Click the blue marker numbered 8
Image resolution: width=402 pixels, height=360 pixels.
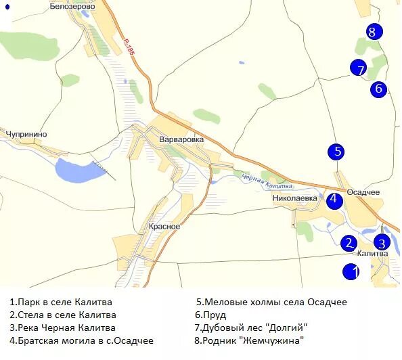pos(372,31)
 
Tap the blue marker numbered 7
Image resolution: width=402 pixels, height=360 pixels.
pos(359,68)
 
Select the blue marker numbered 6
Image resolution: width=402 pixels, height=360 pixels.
pos(378,89)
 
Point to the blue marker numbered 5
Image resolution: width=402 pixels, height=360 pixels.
pos(336,152)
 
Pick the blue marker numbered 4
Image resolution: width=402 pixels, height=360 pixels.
pos(334,200)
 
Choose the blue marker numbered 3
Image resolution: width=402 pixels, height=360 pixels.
pos(382,244)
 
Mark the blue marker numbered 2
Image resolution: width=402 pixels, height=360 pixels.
pos(349,244)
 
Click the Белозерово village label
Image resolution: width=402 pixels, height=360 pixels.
pos(72,5)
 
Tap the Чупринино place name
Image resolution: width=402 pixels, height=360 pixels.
pos(26,134)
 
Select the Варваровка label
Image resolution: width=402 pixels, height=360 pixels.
pos(181,139)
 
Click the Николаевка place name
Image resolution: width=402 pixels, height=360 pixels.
pos(295,198)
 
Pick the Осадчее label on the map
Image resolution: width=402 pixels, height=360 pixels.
pos(363,192)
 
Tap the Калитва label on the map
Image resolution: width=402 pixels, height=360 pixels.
pos(372,254)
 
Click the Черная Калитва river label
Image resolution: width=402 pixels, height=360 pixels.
pos(267,181)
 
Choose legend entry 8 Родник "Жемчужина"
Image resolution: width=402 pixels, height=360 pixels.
pos(250,340)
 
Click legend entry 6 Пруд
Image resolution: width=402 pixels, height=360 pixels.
pos(210,315)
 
